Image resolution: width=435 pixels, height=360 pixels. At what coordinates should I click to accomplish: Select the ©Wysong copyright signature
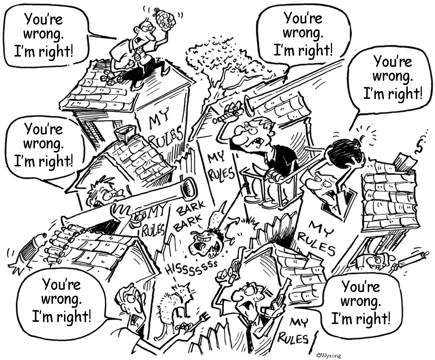328,355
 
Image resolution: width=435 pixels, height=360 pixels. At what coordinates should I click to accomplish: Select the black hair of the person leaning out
344,153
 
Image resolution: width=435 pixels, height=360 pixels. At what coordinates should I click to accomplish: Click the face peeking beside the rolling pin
375,260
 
